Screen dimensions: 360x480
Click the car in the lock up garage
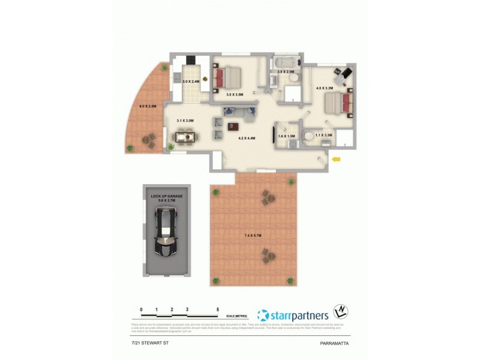coord(165,231)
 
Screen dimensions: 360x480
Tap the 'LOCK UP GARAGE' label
coord(166,196)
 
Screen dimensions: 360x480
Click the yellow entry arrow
coord(336,159)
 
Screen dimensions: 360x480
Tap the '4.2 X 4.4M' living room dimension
coord(247,139)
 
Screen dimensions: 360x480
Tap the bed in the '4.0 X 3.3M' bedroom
coord(337,103)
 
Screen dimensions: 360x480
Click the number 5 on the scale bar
coord(218,310)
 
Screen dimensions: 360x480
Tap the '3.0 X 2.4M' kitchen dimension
coord(190,82)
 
